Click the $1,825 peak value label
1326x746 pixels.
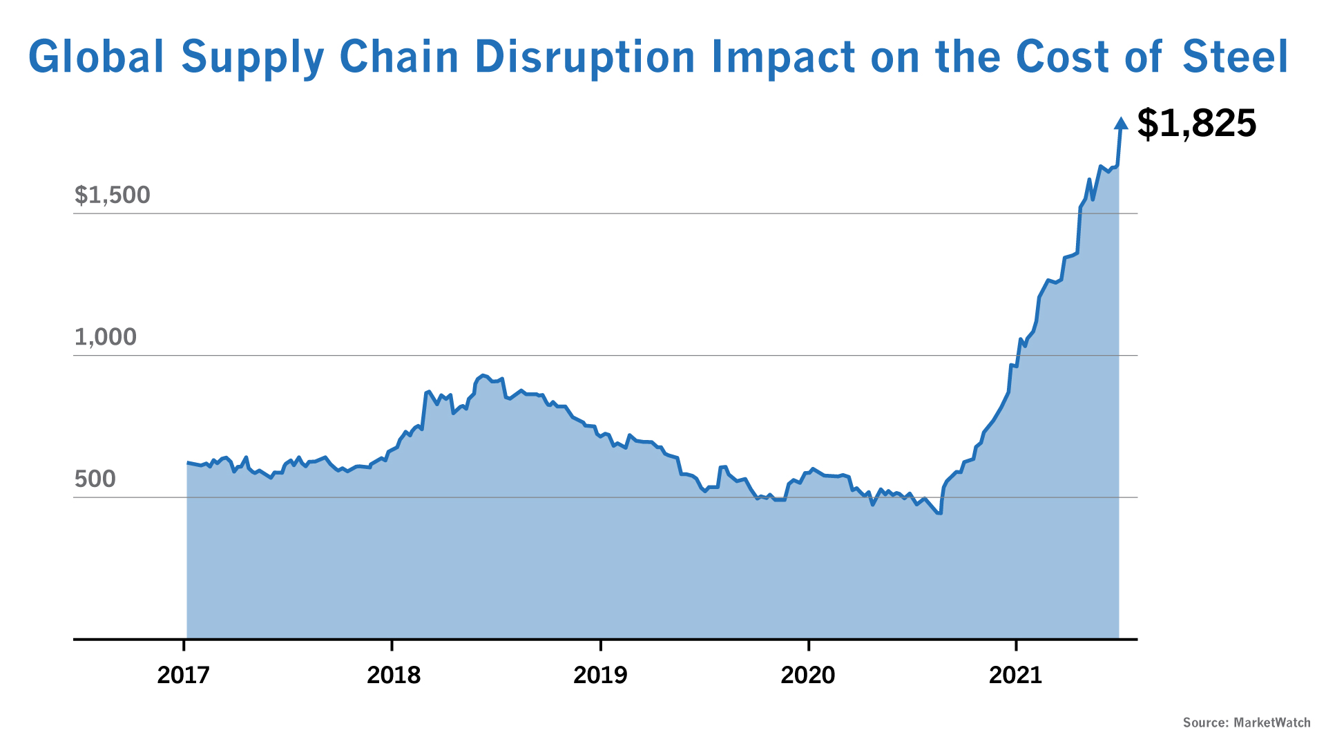[1196, 124]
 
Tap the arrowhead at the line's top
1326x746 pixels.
[1122, 124]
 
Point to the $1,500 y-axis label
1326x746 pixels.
[112, 195]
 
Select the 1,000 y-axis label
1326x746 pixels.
[106, 337]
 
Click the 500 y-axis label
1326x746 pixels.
[95, 479]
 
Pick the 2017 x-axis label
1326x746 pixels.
[183, 675]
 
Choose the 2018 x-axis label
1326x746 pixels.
[393, 675]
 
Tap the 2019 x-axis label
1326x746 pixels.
[600, 675]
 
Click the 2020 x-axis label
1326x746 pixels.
[808, 675]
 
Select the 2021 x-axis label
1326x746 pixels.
[1015, 675]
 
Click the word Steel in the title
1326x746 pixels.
[1235, 57]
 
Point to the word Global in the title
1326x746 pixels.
[96, 57]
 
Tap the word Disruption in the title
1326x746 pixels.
[585, 57]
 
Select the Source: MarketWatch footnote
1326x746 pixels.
[1247, 723]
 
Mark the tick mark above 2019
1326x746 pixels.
[601, 645]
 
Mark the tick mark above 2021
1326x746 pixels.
[1016, 645]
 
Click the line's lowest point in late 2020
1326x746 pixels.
[939, 513]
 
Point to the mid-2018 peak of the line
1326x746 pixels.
[483, 375]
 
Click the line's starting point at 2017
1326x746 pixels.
[188, 462]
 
